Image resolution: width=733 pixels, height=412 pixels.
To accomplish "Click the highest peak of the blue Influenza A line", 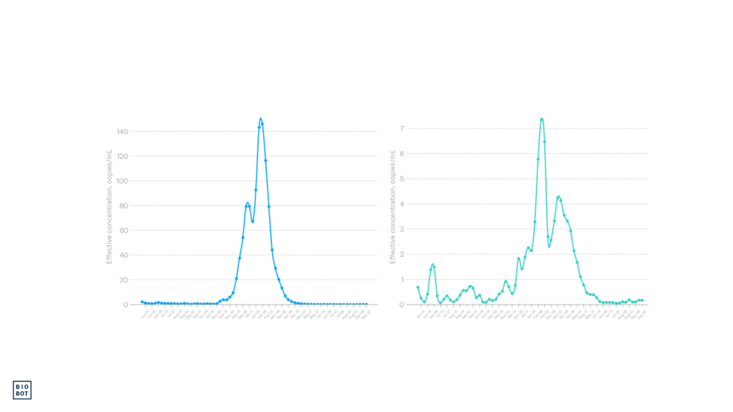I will pyautogui.click(x=261, y=119).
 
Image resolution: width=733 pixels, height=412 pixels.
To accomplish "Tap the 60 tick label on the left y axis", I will pyautogui.click(x=123, y=230).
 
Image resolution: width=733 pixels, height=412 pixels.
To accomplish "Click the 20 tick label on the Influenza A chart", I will pyautogui.click(x=123, y=280).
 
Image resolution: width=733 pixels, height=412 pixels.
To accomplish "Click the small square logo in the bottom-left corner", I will pyautogui.click(x=23, y=389).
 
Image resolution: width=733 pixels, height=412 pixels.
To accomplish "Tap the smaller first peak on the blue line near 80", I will pyautogui.click(x=248, y=203).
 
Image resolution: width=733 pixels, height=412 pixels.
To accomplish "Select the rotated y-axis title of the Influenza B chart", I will pyautogui.click(x=392, y=207).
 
